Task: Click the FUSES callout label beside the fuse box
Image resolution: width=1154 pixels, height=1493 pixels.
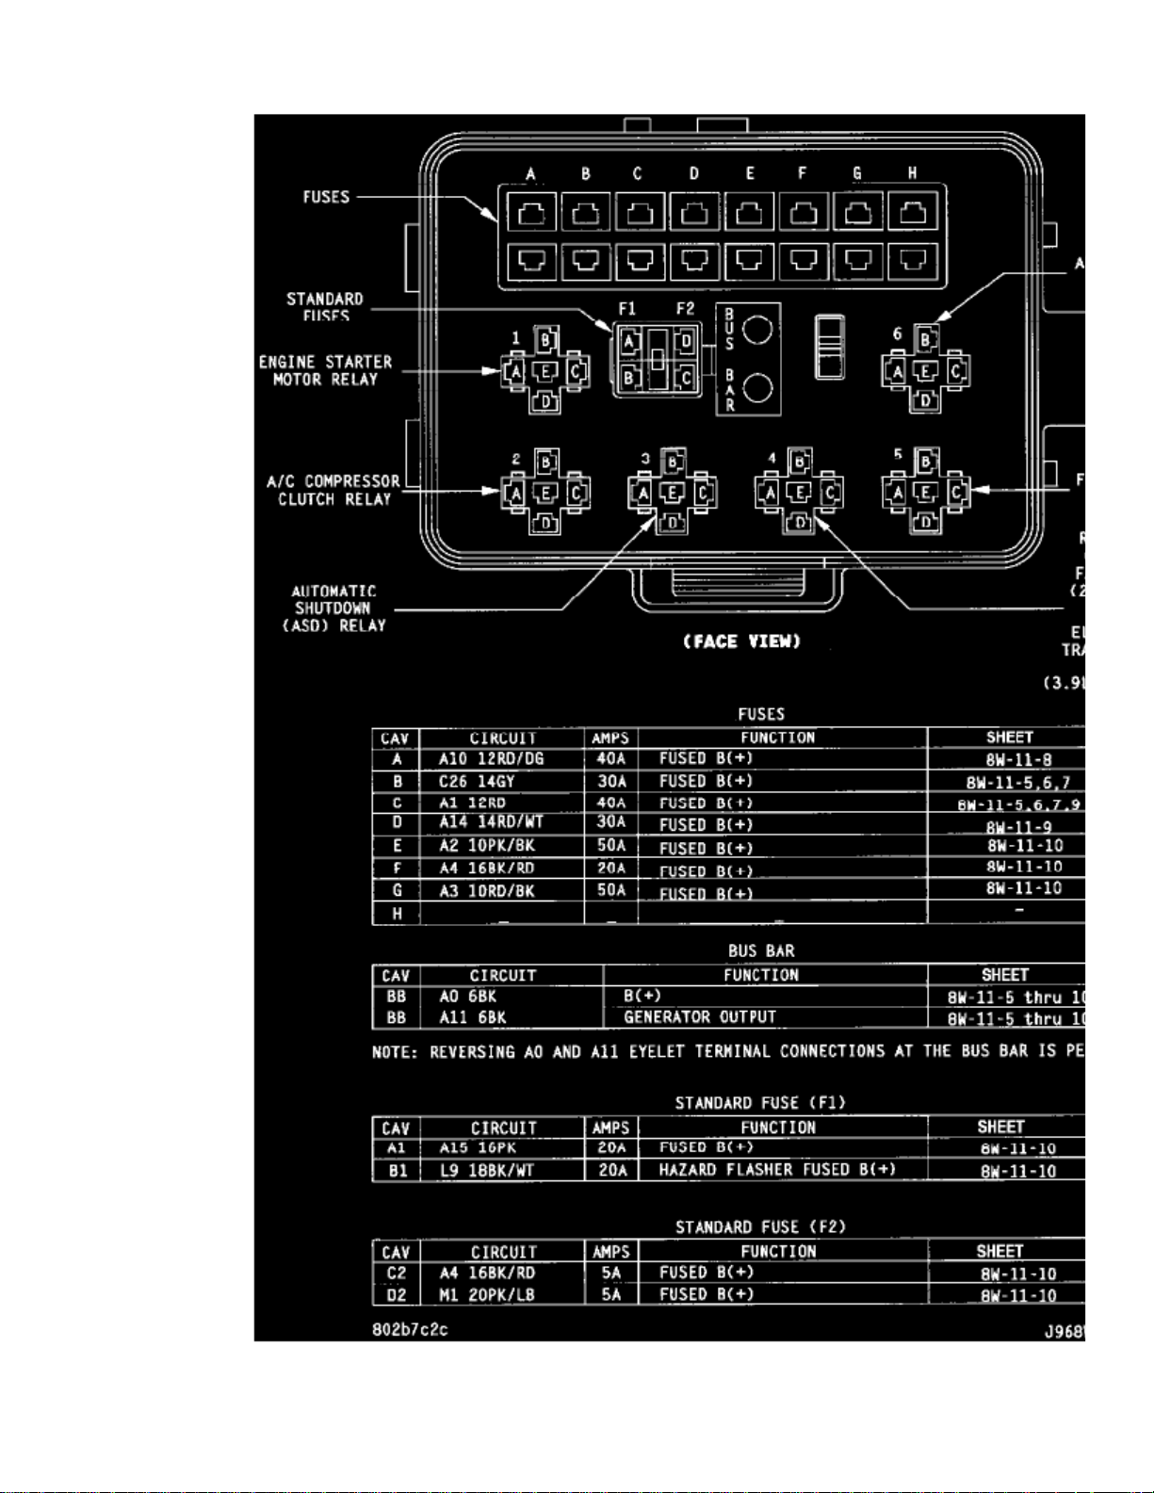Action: point(326,197)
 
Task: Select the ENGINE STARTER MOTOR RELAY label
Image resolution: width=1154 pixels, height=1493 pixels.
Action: point(325,370)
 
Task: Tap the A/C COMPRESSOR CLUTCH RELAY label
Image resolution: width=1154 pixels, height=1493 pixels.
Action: point(333,490)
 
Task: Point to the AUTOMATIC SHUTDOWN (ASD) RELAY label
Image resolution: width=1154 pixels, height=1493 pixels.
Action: point(334,609)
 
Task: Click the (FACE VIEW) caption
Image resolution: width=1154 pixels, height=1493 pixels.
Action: point(742,641)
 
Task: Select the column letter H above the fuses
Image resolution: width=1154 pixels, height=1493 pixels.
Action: point(912,173)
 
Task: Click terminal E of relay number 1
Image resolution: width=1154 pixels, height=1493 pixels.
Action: point(545,371)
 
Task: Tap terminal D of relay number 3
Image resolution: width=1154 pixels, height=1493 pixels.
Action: point(673,522)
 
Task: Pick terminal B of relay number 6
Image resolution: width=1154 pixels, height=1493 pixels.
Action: point(926,339)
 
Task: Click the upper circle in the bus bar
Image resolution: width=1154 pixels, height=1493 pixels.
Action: point(757,330)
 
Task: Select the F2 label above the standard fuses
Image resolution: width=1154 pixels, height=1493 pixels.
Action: point(685,308)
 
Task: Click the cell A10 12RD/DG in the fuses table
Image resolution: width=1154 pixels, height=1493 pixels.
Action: point(491,759)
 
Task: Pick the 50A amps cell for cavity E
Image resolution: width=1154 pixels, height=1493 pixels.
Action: point(611,846)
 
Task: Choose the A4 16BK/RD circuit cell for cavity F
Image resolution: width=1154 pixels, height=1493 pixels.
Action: point(486,868)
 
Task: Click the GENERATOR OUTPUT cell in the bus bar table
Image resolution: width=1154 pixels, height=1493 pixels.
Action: point(700,1017)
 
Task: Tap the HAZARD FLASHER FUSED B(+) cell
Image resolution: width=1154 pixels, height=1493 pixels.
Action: point(777,1170)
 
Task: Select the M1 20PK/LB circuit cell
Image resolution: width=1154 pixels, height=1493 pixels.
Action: point(486,1295)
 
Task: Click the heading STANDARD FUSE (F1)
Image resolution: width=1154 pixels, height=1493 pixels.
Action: point(760,1103)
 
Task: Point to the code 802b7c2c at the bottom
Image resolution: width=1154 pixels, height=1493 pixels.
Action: point(410,1330)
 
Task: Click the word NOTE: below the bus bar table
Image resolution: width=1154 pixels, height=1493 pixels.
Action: point(395,1052)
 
